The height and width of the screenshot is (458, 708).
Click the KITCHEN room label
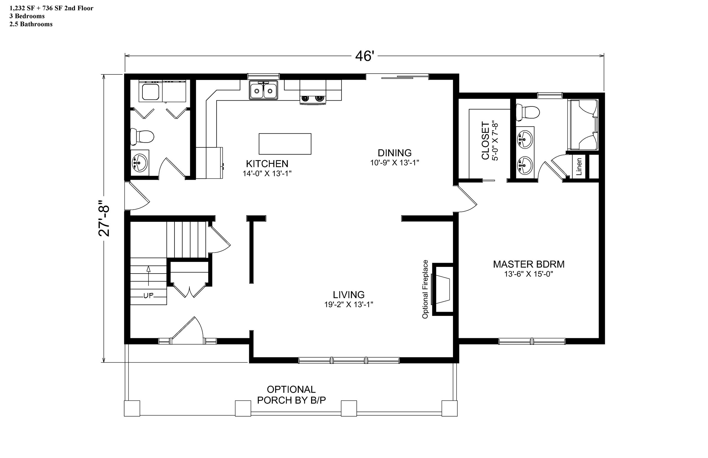(267, 163)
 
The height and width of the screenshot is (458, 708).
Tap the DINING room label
(395, 153)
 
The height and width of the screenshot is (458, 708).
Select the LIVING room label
(348, 295)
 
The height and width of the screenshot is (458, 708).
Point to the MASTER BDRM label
(529, 264)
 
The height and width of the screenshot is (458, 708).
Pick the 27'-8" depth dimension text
(104, 218)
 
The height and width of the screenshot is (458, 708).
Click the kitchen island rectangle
(285, 144)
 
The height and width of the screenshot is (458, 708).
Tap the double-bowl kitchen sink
(264, 90)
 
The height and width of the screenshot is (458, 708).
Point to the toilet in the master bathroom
(528, 112)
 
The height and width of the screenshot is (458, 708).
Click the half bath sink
(139, 162)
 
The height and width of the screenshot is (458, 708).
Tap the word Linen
(579, 166)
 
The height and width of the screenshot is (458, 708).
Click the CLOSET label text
(485, 140)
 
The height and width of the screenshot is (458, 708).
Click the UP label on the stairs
(149, 296)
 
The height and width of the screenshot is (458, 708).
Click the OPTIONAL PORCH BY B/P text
(291, 395)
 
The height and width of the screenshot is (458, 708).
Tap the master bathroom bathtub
(583, 125)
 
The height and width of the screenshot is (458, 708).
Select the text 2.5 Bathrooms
(31, 24)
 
